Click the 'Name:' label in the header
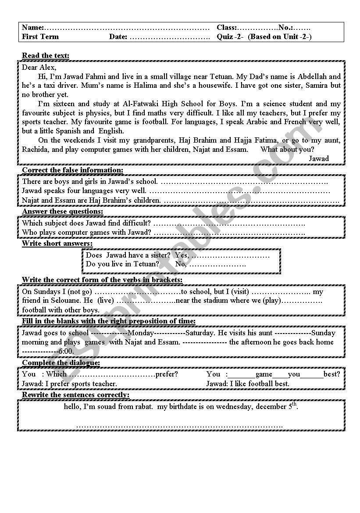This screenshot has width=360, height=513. pyautogui.click(x=33, y=28)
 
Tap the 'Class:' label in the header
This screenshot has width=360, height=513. pyautogui.click(x=227, y=28)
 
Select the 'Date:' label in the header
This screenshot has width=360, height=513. pyautogui.click(x=118, y=37)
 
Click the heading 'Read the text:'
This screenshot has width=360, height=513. pyautogui.click(x=46, y=55)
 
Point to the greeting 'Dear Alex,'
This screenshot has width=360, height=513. pyautogui.click(x=39, y=67)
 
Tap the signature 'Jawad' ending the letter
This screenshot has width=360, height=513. pyautogui.click(x=319, y=158)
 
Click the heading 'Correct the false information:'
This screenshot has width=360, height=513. pyautogui.click(x=73, y=170)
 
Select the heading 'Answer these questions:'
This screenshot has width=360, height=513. pyautogui.click(x=63, y=212)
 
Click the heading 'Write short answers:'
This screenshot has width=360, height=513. pyautogui.click(x=57, y=243)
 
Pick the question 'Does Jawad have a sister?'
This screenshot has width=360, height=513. pyautogui.click(x=128, y=255)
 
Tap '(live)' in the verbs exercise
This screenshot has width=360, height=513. pyautogui.click(x=105, y=301)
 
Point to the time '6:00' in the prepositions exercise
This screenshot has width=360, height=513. pyautogui.click(x=66, y=352)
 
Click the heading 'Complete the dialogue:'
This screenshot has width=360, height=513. pyautogui.click(x=61, y=362)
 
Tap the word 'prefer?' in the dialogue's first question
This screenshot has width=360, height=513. pyautogui.click(x=167, y=374)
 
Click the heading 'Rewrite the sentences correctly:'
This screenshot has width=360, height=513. pyautogui.click(x=76, y=395)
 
